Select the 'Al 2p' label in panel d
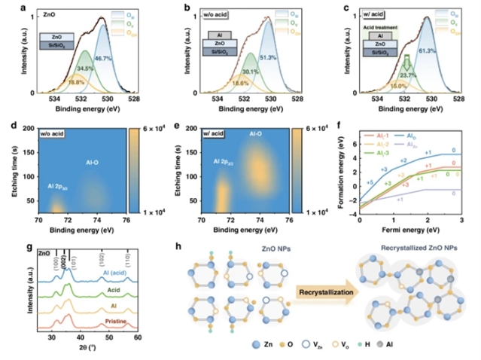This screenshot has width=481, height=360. click(x=61, y=186)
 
